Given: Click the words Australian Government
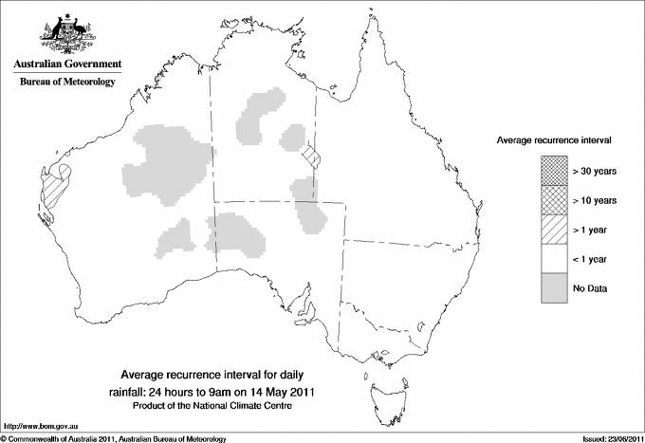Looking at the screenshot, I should [67, 65].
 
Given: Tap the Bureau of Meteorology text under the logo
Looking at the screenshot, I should [67, 83].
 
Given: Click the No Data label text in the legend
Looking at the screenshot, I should [590, 287].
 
